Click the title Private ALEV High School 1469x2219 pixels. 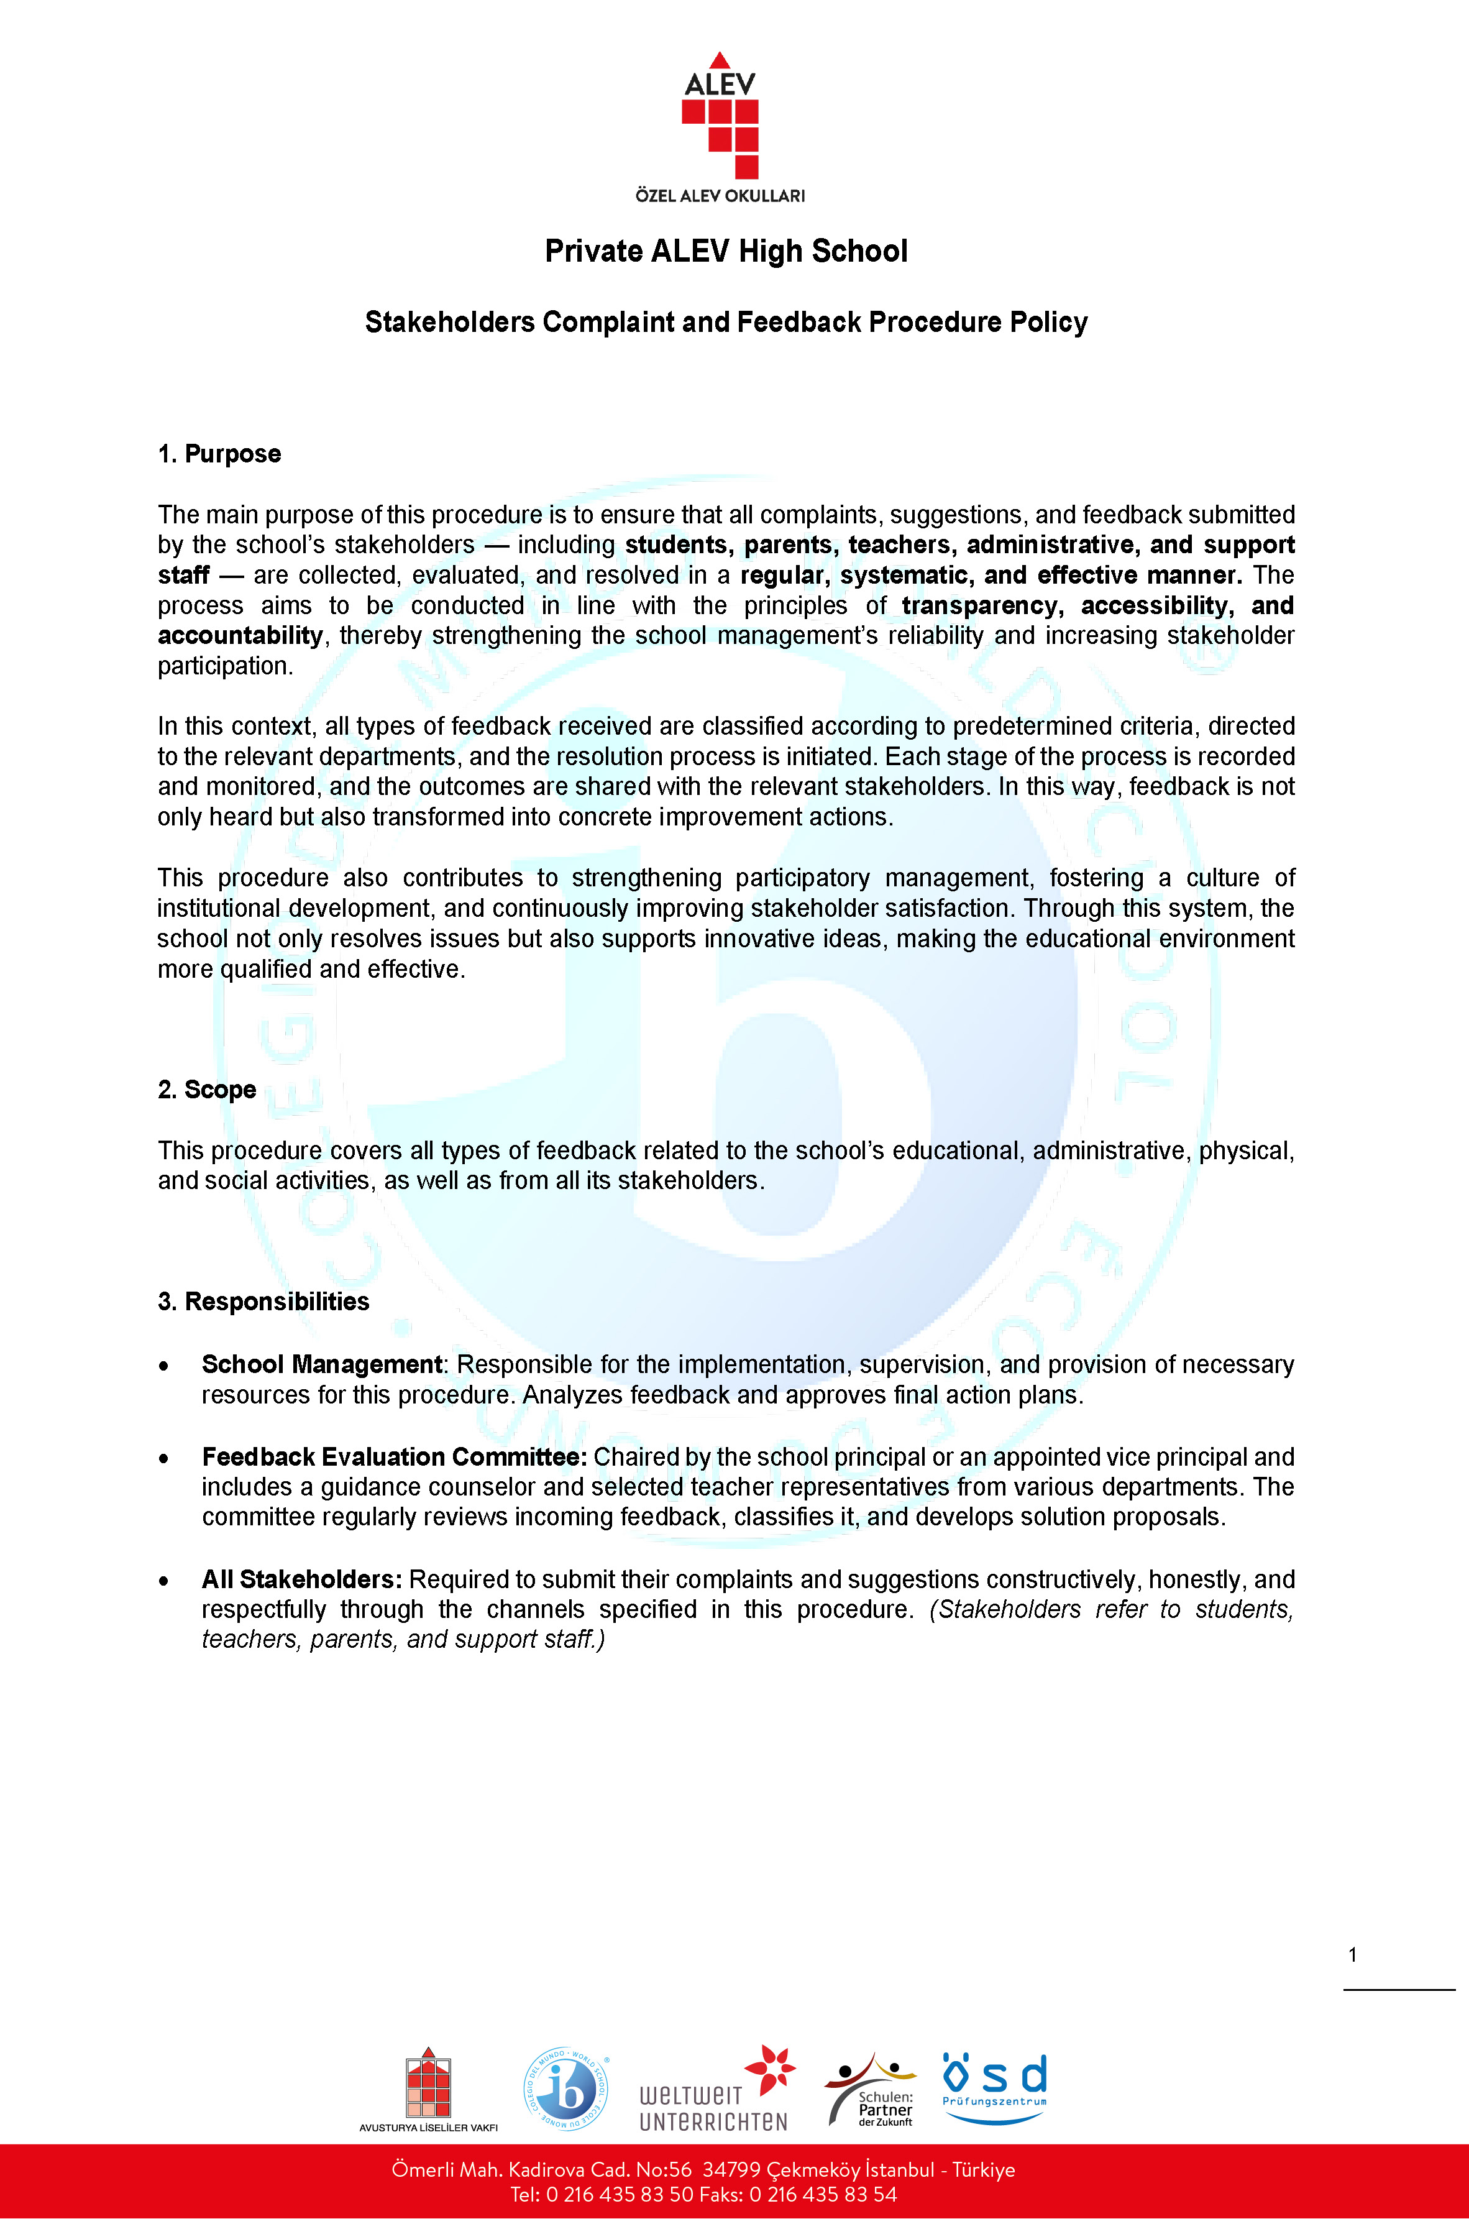point(726,251)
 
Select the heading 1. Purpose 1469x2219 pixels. point(219,454)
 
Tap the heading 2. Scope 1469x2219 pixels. point(207,1090)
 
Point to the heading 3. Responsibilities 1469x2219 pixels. point(263,1302)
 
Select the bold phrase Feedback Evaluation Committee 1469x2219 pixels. point(393,1457)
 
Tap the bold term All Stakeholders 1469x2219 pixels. point(301,1580)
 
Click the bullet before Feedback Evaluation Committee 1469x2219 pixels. point(164,1459)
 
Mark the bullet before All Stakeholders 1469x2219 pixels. point(164,1582)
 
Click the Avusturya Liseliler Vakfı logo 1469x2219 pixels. point(428,2088)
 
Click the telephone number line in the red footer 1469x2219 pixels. point(703,2195)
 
